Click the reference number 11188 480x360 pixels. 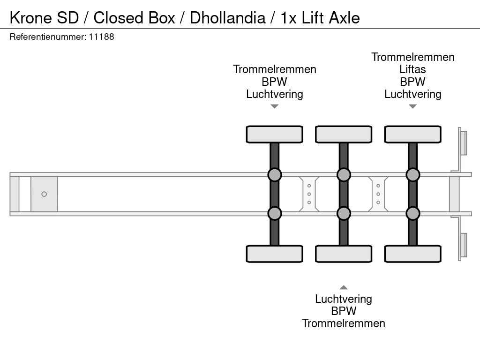pyautogui.click(x=101, y=37)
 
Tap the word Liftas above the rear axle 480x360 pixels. pyautogui.click(x=412, y=69)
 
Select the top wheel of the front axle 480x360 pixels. pyautogui.click(x=274, y=135)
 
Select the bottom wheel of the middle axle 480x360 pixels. pyautogui.click(x=344, y=254)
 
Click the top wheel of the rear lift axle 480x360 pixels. pyautogui.click(x=412, y=135)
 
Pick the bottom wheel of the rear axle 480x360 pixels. pyautogui.click(x=412, y=254)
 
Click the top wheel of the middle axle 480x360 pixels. pyautogui.click(x=344, y=135)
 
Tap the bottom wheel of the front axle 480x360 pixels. pyautogui.click(x=274, y=254)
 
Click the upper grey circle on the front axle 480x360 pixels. pyautogui.click(x=274, y=175)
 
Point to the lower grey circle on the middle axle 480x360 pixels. pyautogui.click(x=344, y=213)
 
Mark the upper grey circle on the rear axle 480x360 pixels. pyautogui.click(x=412, y=175)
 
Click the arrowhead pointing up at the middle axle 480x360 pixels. pyautogui.click(x=344, y=287)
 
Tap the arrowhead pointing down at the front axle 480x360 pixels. pyautogui.click(x=275, y=106)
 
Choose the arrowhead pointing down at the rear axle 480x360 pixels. pyautogui.click(x=412, y=106)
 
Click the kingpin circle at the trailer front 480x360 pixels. pyautogui.click(x=44, y=194)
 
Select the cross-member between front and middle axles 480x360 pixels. pyautogui.click(x=309, y=194)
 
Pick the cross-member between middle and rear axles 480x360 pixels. pyautogui.click(x=378, y=194)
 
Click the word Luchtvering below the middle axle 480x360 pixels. pyautogui.click(x=344, y=299)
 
